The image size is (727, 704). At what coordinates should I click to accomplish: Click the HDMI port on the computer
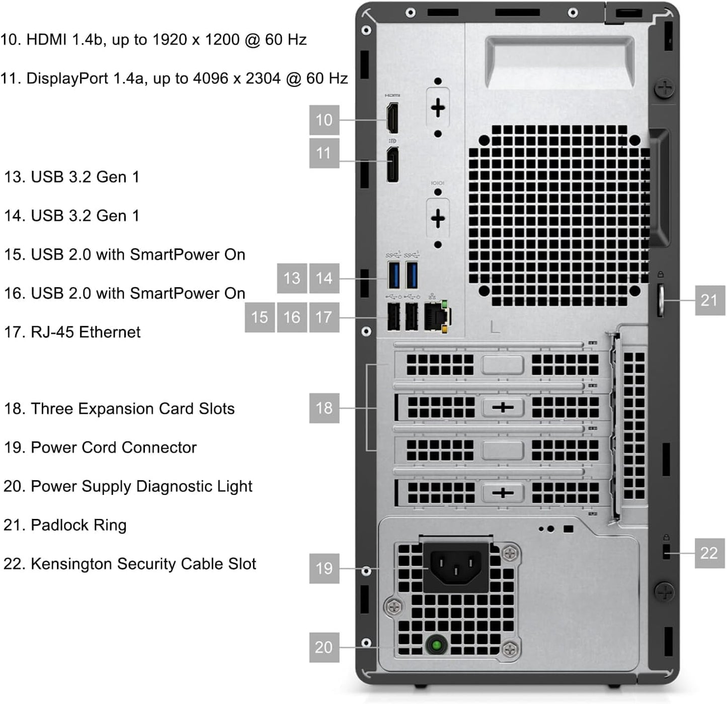point(392,118)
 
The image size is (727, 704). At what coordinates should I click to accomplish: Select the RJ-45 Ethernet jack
point(436,317)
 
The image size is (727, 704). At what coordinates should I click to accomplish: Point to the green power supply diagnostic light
point(436,644)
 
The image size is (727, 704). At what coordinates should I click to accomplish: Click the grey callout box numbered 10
point(324,120)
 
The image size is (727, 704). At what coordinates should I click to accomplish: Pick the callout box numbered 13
point(292,278)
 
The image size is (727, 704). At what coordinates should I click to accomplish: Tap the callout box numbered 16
point(292,317)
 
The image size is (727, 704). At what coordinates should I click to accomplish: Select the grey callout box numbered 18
point(324,407)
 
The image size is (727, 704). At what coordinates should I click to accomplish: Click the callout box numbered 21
point(709,300)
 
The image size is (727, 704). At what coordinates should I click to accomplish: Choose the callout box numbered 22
point(709,553)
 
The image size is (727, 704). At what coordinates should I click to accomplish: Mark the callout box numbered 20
point(324,647)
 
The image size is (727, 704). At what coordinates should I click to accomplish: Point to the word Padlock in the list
point(59,525)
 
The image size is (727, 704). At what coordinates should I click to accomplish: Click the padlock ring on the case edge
point(661,300)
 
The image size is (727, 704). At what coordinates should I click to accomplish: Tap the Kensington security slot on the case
point(667,552)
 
